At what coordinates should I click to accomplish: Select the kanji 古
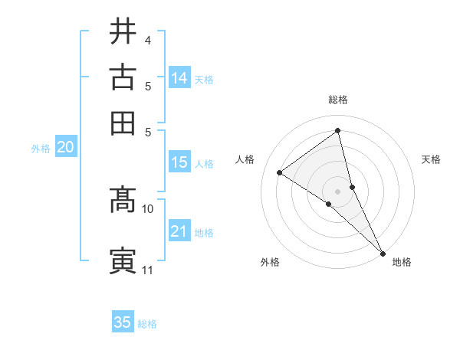[123, 77]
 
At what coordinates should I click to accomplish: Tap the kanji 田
[123, 123]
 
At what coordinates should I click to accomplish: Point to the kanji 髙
[123, 201]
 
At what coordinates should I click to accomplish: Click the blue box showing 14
[179, 78]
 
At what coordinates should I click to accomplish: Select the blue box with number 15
[179, 162]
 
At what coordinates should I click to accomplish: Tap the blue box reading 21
[179, 232]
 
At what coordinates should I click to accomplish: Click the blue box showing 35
[123, 322]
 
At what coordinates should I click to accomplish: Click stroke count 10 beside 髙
[148, 208]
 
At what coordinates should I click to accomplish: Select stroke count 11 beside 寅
[148, 270]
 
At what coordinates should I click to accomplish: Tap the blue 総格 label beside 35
[147, 324]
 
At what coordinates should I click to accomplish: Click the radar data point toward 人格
[279, 172]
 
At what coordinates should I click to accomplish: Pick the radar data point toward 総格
[337, 131]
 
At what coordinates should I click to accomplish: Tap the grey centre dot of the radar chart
[337, 191]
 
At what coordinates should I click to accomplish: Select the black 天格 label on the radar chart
[431, 159]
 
